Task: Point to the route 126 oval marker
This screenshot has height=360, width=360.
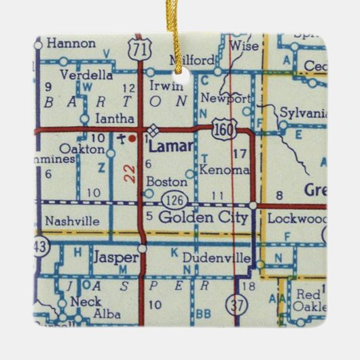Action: tap(171, 200)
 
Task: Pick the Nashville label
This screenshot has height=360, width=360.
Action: tap(71, 221)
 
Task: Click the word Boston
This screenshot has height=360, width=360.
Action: tap(166, 181)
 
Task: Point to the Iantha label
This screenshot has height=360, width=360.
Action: tap(115, 118)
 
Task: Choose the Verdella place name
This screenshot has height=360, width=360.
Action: tap(86, 75)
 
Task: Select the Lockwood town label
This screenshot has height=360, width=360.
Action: tap(297, 219)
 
